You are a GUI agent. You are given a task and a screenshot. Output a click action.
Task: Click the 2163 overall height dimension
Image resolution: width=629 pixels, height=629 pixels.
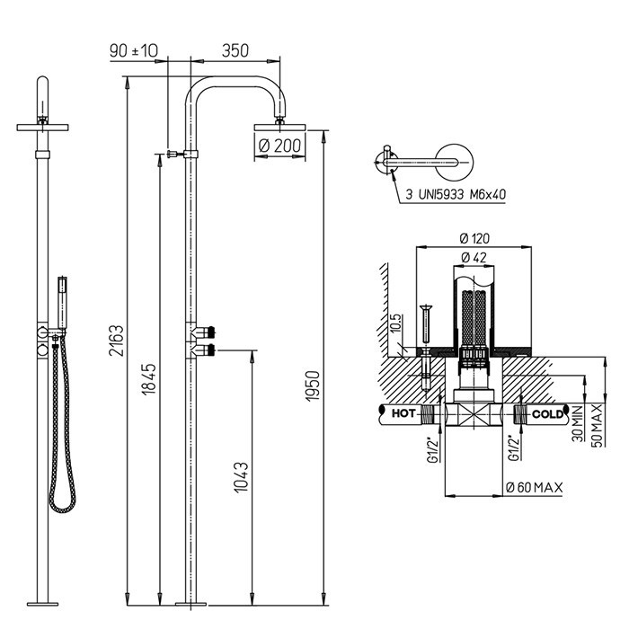point(117,341)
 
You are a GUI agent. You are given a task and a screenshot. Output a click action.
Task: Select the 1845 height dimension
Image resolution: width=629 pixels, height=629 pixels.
point(149,379)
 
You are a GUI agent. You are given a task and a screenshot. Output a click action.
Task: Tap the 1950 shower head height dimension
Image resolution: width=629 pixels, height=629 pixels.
point(313,385)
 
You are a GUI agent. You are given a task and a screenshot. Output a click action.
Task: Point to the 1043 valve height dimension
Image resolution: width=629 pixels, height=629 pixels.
point(241,477)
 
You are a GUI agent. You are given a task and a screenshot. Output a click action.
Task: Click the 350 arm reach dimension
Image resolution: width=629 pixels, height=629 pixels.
point(235,51)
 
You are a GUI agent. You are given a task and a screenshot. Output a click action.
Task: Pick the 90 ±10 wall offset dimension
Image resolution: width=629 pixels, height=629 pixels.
point(134,51)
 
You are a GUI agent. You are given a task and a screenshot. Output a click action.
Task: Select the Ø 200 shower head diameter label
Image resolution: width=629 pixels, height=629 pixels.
point(280,146)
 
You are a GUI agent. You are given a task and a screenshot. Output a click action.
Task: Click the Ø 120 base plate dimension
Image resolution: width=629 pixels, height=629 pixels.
point(475,239)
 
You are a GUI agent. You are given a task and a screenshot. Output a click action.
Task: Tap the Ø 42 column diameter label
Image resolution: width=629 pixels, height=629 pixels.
point(474,257)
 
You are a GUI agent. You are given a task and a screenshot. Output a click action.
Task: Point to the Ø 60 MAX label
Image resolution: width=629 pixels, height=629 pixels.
point(535,487)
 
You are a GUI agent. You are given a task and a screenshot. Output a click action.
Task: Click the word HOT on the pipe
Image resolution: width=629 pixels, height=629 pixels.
point(403,413)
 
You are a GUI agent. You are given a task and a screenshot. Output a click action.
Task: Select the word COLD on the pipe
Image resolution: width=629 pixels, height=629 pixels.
point(547,413)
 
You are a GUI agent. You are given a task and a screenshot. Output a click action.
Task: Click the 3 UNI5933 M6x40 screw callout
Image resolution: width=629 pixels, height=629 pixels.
point(456,195)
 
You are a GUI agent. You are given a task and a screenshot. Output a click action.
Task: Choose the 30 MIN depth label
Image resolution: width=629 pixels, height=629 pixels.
point(578,423)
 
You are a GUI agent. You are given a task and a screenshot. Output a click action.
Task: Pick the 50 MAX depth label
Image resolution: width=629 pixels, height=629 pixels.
point(597,425)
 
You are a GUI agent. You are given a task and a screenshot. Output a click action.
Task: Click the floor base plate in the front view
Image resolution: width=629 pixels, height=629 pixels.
point(42,604)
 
